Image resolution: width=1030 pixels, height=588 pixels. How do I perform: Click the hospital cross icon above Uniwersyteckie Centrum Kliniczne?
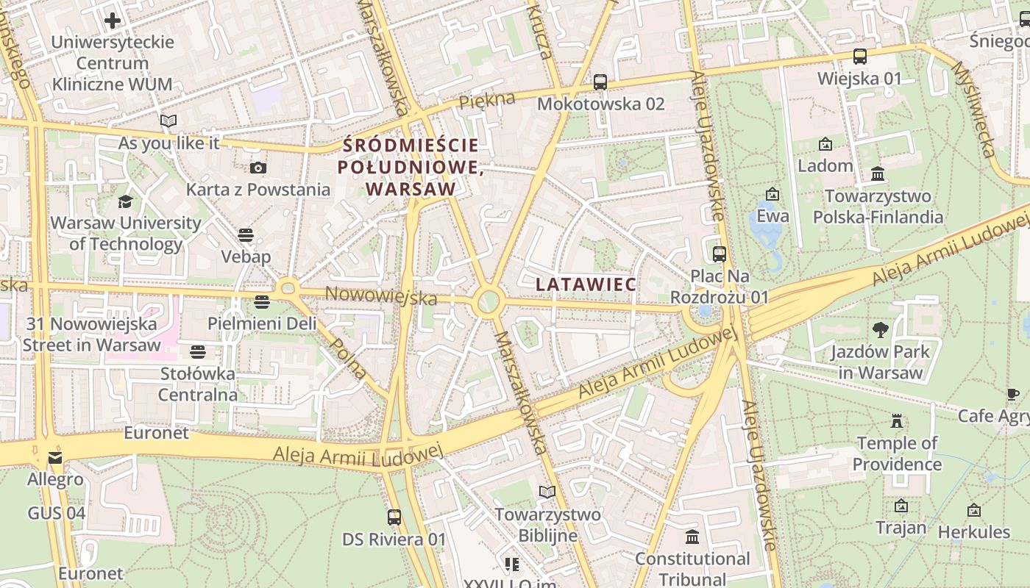(x=113, y=21)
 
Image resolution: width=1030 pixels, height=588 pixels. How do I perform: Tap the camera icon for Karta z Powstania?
(x=257, y=168)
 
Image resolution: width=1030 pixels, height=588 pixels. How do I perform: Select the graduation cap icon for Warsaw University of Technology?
(x=126, y=201)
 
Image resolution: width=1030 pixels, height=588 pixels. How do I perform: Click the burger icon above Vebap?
(x=246, y=235)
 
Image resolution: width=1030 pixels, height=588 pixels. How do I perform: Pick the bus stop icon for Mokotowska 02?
(x=600, y=82)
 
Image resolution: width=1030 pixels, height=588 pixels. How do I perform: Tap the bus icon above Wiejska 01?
(x=859, y=57)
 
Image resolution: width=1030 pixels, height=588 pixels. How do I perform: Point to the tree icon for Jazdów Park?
(x=880, y=330)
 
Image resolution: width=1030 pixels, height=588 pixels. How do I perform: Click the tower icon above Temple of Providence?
(x=896, y=421)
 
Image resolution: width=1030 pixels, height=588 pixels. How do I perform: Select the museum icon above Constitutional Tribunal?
(x=692, y=537)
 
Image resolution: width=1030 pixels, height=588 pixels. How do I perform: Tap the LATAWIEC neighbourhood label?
(x=586, y=284)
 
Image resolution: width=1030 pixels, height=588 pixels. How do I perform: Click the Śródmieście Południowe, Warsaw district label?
(x=410, y=167)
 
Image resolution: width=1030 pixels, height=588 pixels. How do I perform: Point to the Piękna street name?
(x=487, y=101)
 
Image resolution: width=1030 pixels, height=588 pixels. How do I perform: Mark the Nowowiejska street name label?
(x=380, y=295)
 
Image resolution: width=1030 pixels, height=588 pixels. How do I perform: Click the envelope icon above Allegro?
(x=55, y=458)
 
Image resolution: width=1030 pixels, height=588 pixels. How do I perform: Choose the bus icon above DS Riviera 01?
(x=394, y=517)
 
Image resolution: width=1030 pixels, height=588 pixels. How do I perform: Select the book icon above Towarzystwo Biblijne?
(x=547, y=492)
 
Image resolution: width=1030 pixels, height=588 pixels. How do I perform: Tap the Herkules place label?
(x=973, y=531)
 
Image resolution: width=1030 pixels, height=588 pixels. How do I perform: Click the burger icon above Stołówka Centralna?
(x=198, y=351)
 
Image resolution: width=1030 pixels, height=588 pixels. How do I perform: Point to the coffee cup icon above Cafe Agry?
(x=1013, y=395)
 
